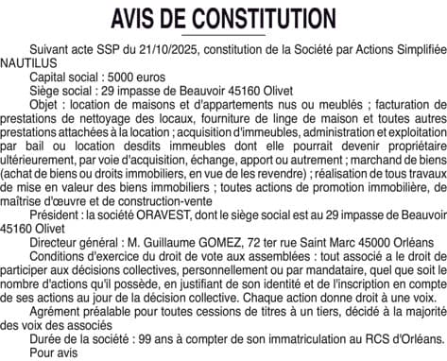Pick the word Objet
[46, 97]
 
